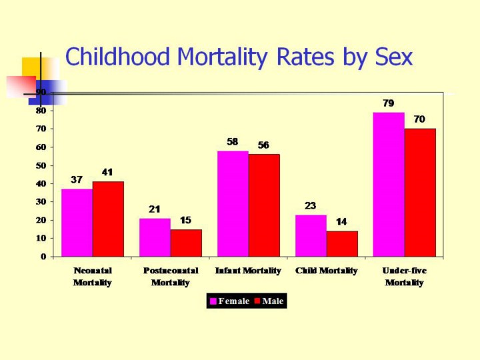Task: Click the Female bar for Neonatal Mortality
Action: pyautogui.click(x=77, y=223)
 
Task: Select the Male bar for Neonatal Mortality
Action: pyautogui.click(x=108, y=219)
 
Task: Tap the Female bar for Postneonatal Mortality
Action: pyautogui.click(x=155, y=237)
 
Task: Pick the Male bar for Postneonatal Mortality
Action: pyautogui.click(x=186, y=243)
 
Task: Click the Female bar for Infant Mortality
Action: pyautogui.click(x=233, y=203)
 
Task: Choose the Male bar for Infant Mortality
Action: pyautogui.click(x=264, y=205)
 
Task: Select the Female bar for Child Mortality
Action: pyautogui.click(x=311, y=235)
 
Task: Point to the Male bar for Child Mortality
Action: pyautogui.click(x=342, y=243)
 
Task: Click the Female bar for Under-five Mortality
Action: pyautogui.click(x=389, y=184)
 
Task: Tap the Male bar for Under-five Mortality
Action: pyautogui.click(x=420, y=193)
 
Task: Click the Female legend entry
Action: pyautogui.click(x=229, y=301)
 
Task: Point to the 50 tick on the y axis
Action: pyautogui.click(x=42, y=165)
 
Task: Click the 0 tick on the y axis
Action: pyautogui.click(x=44, y=257)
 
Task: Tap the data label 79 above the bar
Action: pyautogui.click(x=388, y=104)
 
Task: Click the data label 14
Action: pyautogui.click(x=341, y=222)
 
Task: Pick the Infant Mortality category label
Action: pyautogui.click(x=248, y=271)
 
